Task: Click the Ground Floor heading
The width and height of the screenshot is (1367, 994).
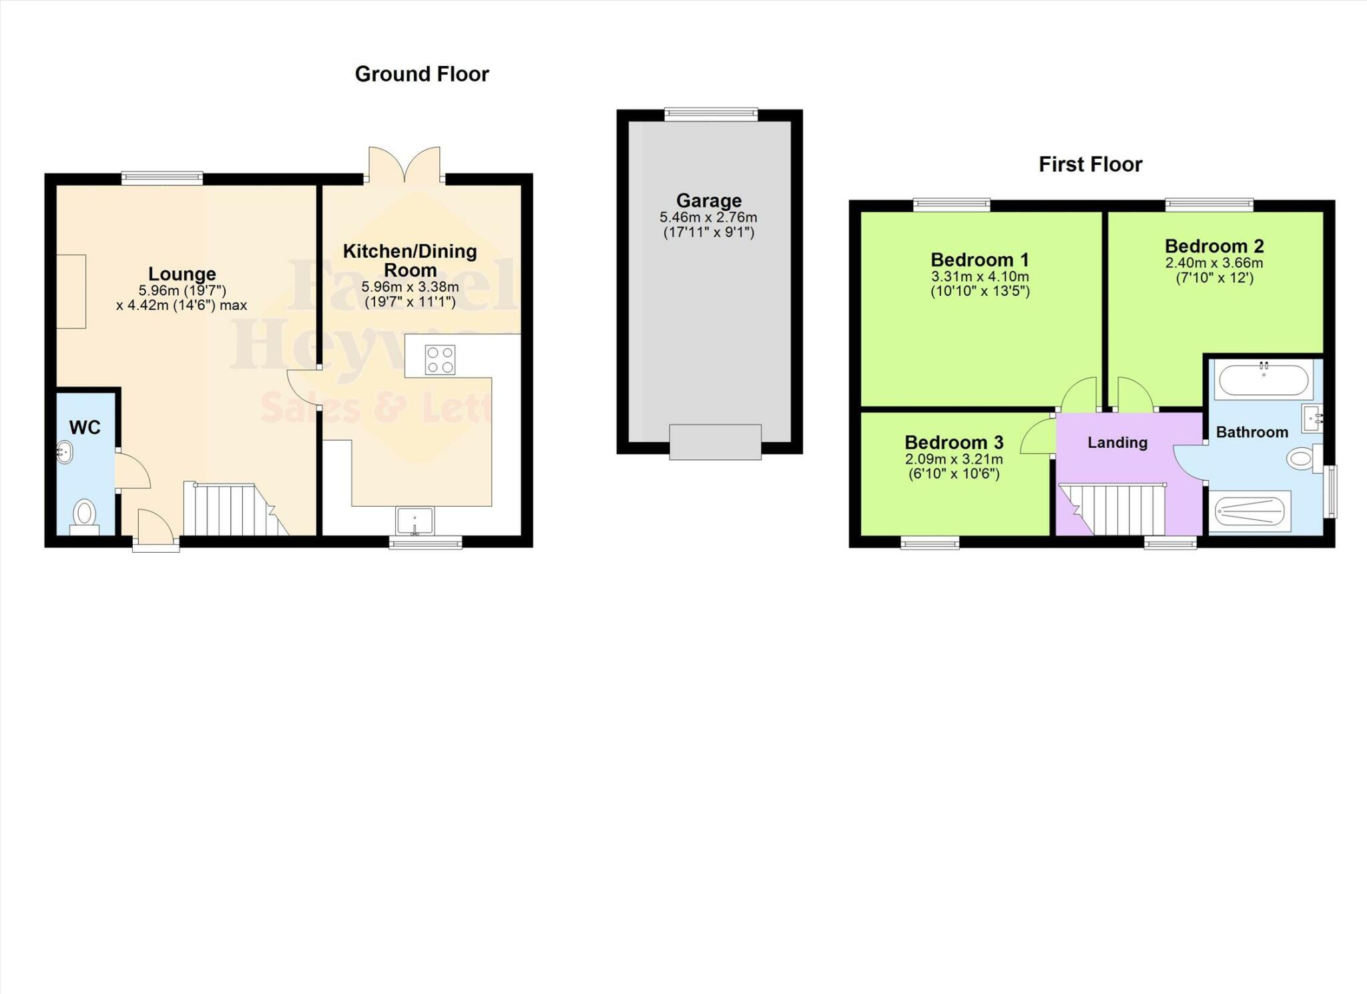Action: coord(422,74)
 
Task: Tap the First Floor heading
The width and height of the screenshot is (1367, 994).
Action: coord(1090,164)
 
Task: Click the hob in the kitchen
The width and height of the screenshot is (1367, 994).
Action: coord(440,360)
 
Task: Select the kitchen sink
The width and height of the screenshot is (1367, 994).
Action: coord(415,521)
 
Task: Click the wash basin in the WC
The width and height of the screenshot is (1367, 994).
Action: coord(64,452)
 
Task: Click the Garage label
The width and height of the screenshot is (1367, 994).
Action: coord(709,200)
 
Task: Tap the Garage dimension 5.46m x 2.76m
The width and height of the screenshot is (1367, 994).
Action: coord(709,218)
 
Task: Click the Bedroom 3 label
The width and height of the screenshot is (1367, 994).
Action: coord(954,443)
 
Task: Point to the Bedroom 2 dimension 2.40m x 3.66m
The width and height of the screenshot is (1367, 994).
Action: coord(1214,263)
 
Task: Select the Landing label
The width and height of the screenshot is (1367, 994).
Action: coord(1117,443)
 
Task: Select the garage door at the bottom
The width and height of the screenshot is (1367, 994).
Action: coord(716,442)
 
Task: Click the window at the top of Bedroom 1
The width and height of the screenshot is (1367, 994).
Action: coord(952,205)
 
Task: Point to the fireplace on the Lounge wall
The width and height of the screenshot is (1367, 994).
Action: coord(71,291)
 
